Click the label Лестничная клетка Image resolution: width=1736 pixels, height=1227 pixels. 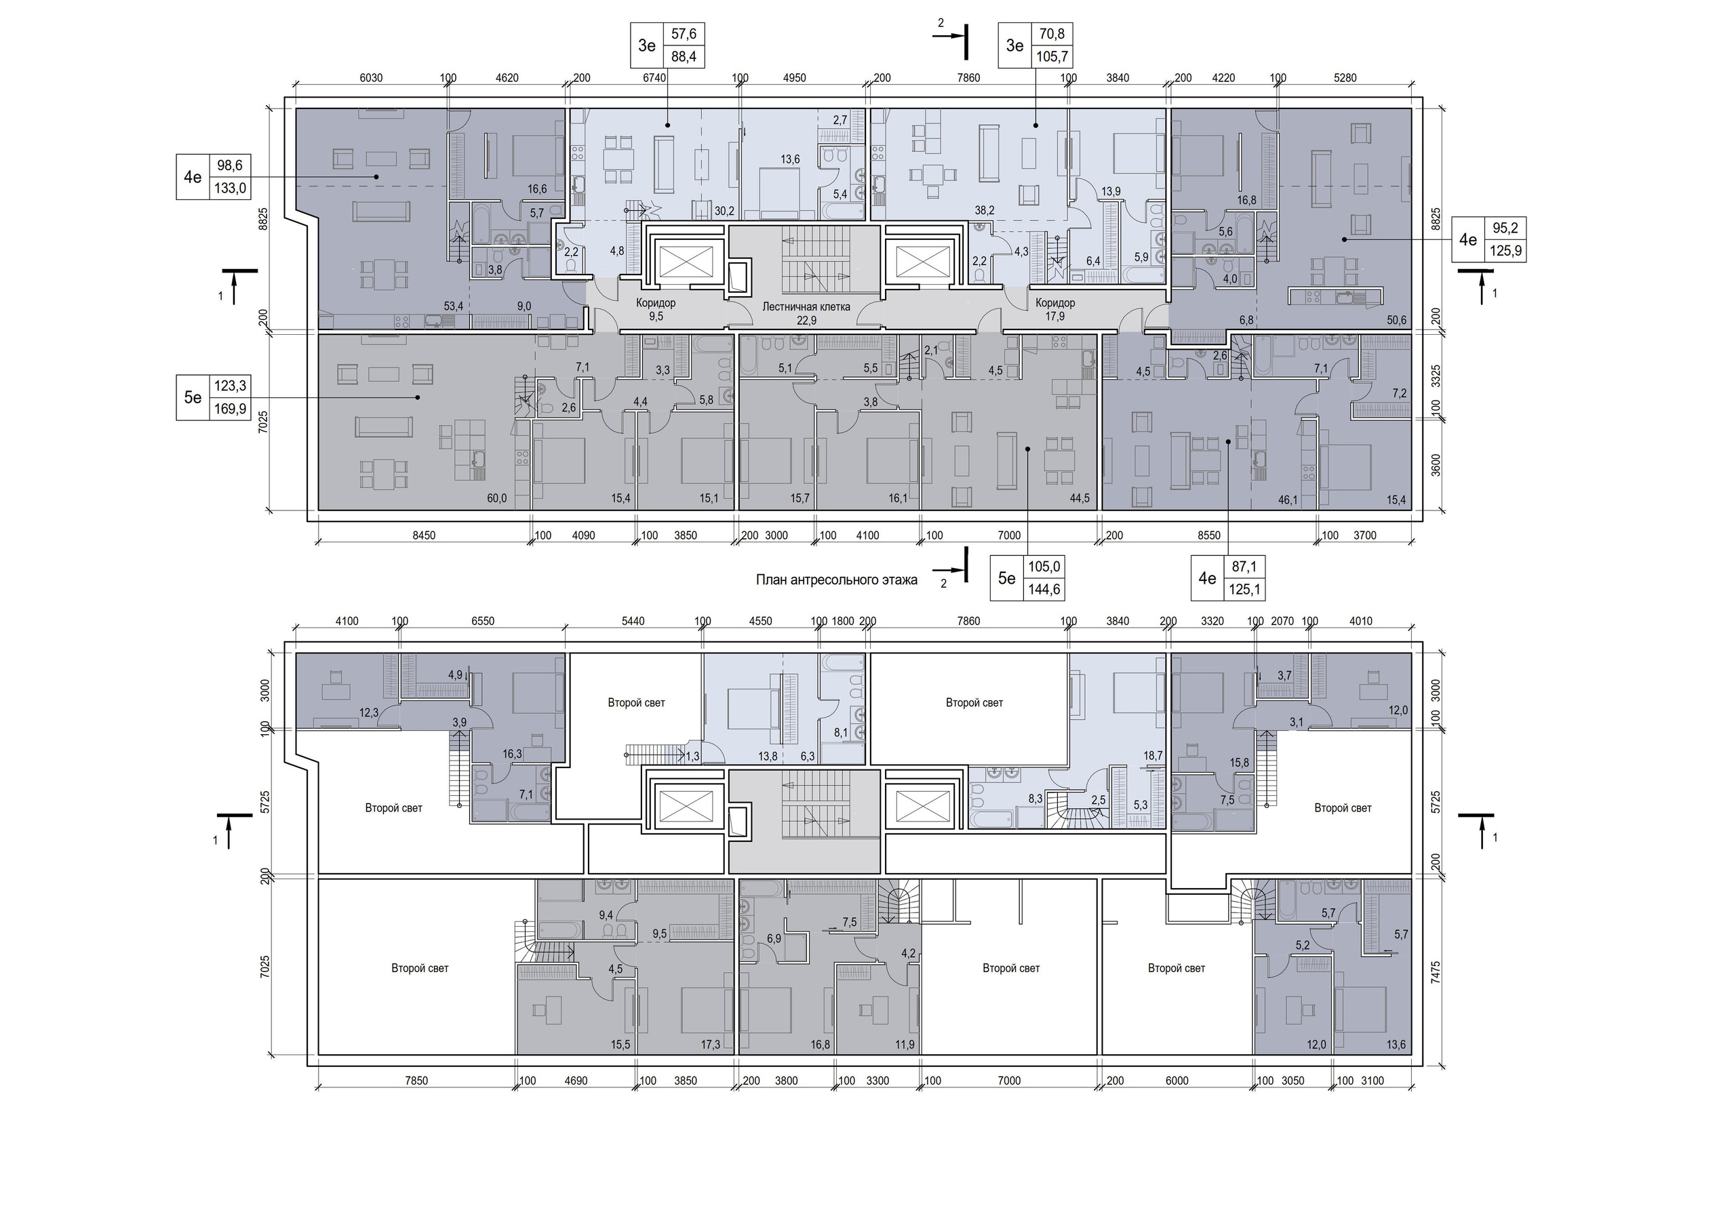(806, 307)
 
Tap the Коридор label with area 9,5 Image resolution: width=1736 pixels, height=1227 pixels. (656, 303)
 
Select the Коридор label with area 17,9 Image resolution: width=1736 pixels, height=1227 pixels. (1054, 303)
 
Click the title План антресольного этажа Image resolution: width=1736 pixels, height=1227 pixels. (836, 580)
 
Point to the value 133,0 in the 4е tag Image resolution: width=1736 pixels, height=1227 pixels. (231, 188)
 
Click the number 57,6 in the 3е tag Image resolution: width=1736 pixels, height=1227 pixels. (684, 35)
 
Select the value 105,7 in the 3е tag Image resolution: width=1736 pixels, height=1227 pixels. (1052, 57)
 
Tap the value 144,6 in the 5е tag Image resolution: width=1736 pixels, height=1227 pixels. (1044, 590)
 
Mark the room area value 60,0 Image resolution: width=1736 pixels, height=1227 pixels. (497, 498)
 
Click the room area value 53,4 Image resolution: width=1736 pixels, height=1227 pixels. (454, 306)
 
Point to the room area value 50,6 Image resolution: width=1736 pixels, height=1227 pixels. (1397, 321)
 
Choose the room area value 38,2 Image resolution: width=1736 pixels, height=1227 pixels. (984, 211)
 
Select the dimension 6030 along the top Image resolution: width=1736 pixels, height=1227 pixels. (370, 78)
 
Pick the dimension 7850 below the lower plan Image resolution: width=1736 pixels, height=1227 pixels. (416, 1081)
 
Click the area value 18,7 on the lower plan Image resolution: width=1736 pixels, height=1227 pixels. (1153, 755)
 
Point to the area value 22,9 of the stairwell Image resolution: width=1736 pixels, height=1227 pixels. (806, 321)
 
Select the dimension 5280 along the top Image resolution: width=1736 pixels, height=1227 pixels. (1345, 78)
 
